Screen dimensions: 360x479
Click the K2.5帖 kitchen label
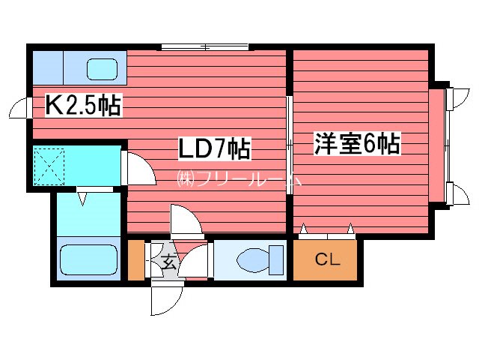click(x=83, y=105)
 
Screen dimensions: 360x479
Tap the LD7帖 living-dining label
click(x=213, y=148)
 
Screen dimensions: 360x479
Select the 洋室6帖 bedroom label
click(x=357, y=143)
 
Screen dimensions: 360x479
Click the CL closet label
click(x=327, y=260)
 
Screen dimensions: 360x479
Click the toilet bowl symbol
click(x=255, y=261)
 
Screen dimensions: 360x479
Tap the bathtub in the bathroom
click(x=89, y=259)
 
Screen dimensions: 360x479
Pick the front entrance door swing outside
click(x=165, y=298)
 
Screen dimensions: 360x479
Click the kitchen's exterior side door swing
click(x=22, y=110)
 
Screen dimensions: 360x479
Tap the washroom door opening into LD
click(x=135, y=166)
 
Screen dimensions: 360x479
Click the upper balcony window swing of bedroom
click(x=454, y=97)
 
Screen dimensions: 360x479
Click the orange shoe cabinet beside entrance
click(x=135, y=259)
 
